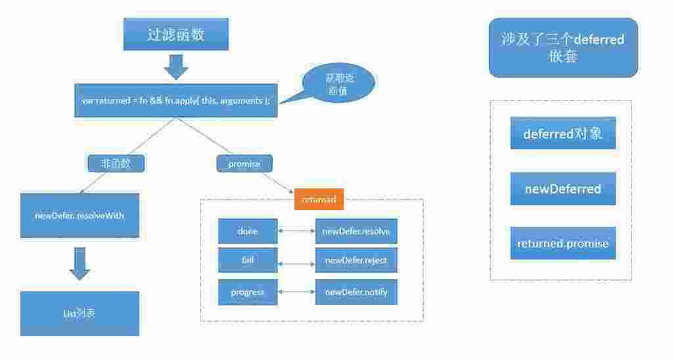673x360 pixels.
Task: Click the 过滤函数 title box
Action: tap(175, 35)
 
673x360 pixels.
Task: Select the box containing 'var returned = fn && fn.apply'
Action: tap(175, 101)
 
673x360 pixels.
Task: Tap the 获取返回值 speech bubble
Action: tap(339, 85)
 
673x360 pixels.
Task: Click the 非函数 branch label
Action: tap(116, 164)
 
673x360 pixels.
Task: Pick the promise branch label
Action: tap(244, 164)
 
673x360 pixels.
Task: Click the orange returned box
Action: tap(319, 199)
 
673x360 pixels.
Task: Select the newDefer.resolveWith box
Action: tap(79, 215)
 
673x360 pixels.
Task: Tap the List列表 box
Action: tap(79, 313)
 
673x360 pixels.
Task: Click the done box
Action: tap(248, 231)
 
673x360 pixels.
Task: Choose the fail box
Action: tap(248, 260)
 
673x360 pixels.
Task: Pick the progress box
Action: tap(248, 292)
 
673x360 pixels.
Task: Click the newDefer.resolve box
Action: tap(356, 231)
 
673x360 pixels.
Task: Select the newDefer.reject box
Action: tap(356, 260)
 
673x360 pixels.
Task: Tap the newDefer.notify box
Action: tap(356, 292)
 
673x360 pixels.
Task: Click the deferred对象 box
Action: tap(563, 133)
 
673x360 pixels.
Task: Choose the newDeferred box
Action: tap(563, 189)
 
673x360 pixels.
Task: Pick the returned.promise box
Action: tap(563, 243)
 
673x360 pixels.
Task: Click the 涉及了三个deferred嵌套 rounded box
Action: tap(563, 47)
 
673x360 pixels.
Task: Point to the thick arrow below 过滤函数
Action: tap(175, 66)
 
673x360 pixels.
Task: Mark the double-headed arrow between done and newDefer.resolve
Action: tap(296, 231)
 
